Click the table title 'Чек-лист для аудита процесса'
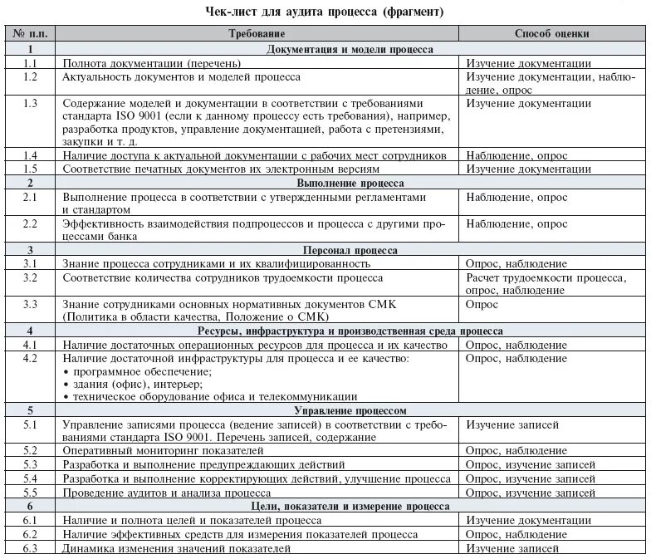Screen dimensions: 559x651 coord(325,12)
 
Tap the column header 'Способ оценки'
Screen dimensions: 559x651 coord(552,34)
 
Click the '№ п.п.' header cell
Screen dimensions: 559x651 coord(30,34)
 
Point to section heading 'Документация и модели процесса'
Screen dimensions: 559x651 coord(350,49)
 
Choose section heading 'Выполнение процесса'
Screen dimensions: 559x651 coord(350,182)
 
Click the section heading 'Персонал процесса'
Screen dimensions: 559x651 coord(350,249)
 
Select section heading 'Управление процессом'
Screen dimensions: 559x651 coord(350,410)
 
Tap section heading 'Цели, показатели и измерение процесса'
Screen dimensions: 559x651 coord(350,506)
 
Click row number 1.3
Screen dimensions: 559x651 coord(31,103)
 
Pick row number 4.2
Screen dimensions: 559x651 coord(31,358)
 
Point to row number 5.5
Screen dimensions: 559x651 coord(31,493)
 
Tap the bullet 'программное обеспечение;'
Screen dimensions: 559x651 coord(141,371)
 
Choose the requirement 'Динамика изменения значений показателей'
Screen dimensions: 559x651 coord(177,549)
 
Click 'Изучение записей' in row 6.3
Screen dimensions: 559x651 coord(512,549)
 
